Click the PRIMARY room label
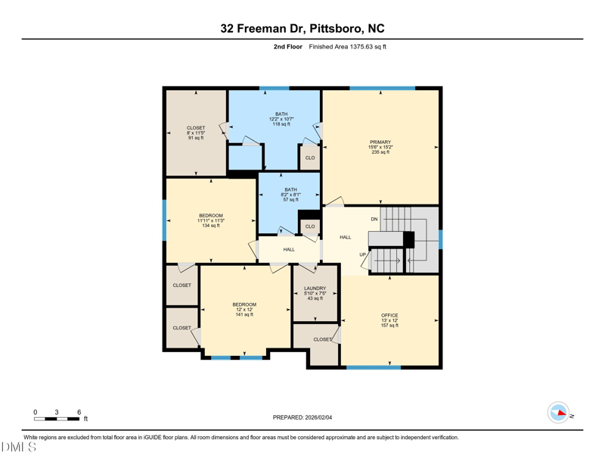(380, 142)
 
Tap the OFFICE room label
(389, 315)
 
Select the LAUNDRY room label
(315, 289)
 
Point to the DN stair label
(374, 219)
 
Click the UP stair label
(363, 254)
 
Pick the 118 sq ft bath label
(281, 119)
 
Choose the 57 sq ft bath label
(291, 195)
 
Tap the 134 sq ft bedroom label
(211, 220)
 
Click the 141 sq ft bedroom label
(244, 309)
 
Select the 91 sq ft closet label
(196, 133)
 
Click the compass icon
(558, 413)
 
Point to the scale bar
(57, 419)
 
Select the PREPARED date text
(302, 417)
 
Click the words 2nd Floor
(288, 47)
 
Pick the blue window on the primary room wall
(383, 89)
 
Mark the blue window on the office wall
(374, 367)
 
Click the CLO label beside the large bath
(310, 158)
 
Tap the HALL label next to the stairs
(346, 237)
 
